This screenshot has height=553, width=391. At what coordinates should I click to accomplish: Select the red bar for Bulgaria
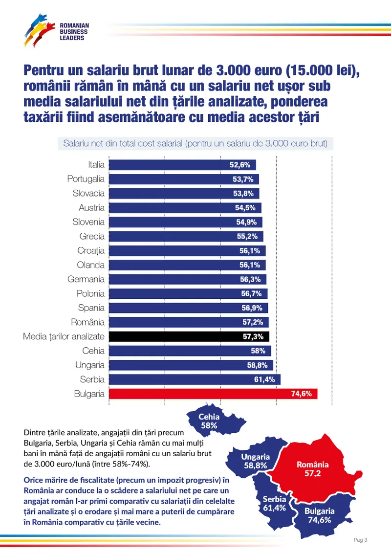pos(213,394)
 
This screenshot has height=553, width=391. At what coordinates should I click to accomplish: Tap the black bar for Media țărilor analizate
pos(189,336)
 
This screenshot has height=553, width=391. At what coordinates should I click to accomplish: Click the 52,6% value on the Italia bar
pos(240,165)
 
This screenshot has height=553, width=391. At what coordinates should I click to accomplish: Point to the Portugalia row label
pos(86,179)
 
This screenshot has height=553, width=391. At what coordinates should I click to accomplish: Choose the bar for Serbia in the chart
pos(195,379)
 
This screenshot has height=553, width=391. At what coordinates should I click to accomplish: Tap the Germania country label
pos(86,279)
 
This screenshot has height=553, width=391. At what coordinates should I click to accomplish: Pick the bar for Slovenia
pos(185,222)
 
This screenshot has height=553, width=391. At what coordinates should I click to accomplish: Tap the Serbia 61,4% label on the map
pos(274,504)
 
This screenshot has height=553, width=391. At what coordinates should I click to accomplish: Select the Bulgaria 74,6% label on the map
pos(320,515)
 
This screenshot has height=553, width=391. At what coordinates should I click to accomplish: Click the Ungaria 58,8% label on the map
pos(256,461)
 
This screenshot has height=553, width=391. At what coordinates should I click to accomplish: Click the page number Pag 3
pos(360,540)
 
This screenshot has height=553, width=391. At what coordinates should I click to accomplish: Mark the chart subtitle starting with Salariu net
pos(195,144)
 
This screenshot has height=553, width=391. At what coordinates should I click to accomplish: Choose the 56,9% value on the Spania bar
pos(252,308)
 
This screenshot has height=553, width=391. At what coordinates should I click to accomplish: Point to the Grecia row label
pos(92,236)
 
